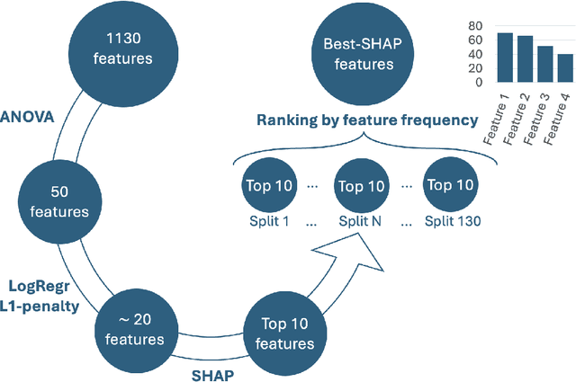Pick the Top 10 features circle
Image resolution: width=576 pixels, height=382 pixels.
pos(288,333)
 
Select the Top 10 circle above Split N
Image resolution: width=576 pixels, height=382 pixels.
pos(359,186)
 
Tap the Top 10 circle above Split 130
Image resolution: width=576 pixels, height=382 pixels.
pos(451,186)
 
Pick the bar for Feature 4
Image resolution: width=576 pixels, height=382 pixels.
pos(565,67)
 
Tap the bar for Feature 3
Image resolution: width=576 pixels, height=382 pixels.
pos(545,64)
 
